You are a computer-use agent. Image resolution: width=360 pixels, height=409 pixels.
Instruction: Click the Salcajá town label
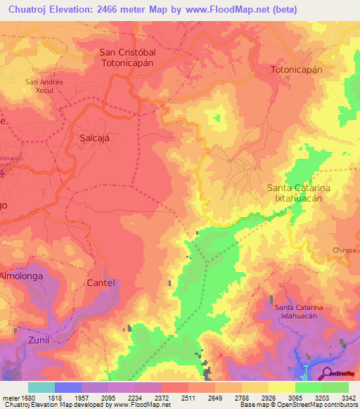[96, 138]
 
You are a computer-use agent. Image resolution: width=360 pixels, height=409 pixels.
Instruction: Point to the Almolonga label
[22, 276]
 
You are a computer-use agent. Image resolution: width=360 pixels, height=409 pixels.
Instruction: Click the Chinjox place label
[346, 250]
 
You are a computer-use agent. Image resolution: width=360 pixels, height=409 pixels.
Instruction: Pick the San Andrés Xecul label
[44, 86]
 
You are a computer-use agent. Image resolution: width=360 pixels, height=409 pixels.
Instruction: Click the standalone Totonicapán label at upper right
[297, 70]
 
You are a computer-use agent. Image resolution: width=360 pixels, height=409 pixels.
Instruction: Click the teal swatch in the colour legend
[41, 387]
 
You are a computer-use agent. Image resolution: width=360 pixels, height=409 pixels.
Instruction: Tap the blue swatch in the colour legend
[68, 387]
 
